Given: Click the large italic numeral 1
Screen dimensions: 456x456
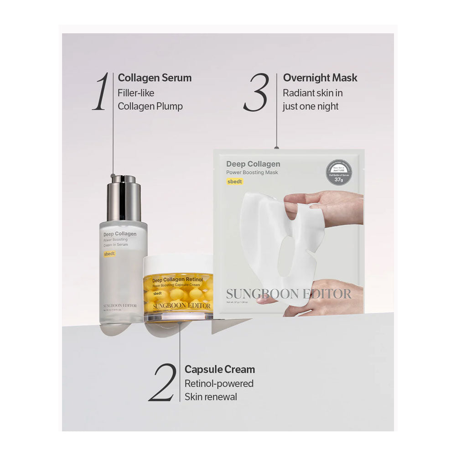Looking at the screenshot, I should [x=101, y=91].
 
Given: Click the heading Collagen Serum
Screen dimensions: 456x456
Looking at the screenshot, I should [x=155, y=78].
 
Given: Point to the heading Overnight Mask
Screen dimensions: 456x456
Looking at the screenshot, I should [x=320, y=78].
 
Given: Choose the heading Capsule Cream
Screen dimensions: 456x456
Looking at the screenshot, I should [x=219, y=369].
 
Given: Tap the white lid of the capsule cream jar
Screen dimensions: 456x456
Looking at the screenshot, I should [x=178, y=264].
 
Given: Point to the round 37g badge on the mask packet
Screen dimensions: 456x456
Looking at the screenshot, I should [x=338, y=172].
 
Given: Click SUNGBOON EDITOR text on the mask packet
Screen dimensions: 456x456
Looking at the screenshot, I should [x=289, y=294].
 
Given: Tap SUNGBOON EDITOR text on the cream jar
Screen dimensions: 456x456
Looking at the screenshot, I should [x=181, y=306].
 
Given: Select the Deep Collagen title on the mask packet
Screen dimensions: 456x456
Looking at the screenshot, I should [x=253, y=164].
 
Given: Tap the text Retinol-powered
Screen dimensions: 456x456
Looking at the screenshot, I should [x=219, y=383].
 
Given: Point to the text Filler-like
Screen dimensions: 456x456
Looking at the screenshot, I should [x=136, y=93].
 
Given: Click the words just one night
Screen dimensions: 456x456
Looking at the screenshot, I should [x=311, y=106].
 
